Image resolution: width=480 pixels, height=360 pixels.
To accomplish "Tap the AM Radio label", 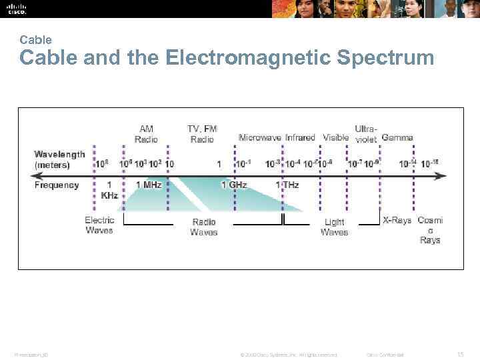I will coord(146,134).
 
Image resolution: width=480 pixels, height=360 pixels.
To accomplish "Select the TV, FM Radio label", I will coord(202,134).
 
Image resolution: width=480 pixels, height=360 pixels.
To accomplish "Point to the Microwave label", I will coord(261,138).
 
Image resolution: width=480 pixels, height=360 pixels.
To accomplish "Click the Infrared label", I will coord(300,138).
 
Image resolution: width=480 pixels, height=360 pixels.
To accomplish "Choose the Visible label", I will coord(335,138).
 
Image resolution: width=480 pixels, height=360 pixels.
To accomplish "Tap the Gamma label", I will coord(397,138).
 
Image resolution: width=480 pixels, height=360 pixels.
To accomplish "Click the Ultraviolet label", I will coord(366,134).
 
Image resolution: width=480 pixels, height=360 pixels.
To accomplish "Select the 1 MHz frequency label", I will coord(149,185).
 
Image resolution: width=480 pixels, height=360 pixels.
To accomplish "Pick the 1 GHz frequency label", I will coord(234,185).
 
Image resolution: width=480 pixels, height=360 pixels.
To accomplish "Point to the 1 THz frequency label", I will coord(287,185).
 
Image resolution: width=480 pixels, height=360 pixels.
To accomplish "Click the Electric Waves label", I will coord(99,225).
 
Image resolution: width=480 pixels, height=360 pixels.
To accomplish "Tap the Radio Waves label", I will coord(204,227).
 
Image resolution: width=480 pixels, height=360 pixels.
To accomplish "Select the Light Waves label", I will coord(334,227).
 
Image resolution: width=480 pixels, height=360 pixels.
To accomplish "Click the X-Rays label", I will coord(397,221).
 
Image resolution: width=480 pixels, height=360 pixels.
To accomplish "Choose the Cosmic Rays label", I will coord(430,230).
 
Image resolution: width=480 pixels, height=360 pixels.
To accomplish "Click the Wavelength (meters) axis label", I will coord(60,159).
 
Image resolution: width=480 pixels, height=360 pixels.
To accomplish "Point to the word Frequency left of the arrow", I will coord(57,185).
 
